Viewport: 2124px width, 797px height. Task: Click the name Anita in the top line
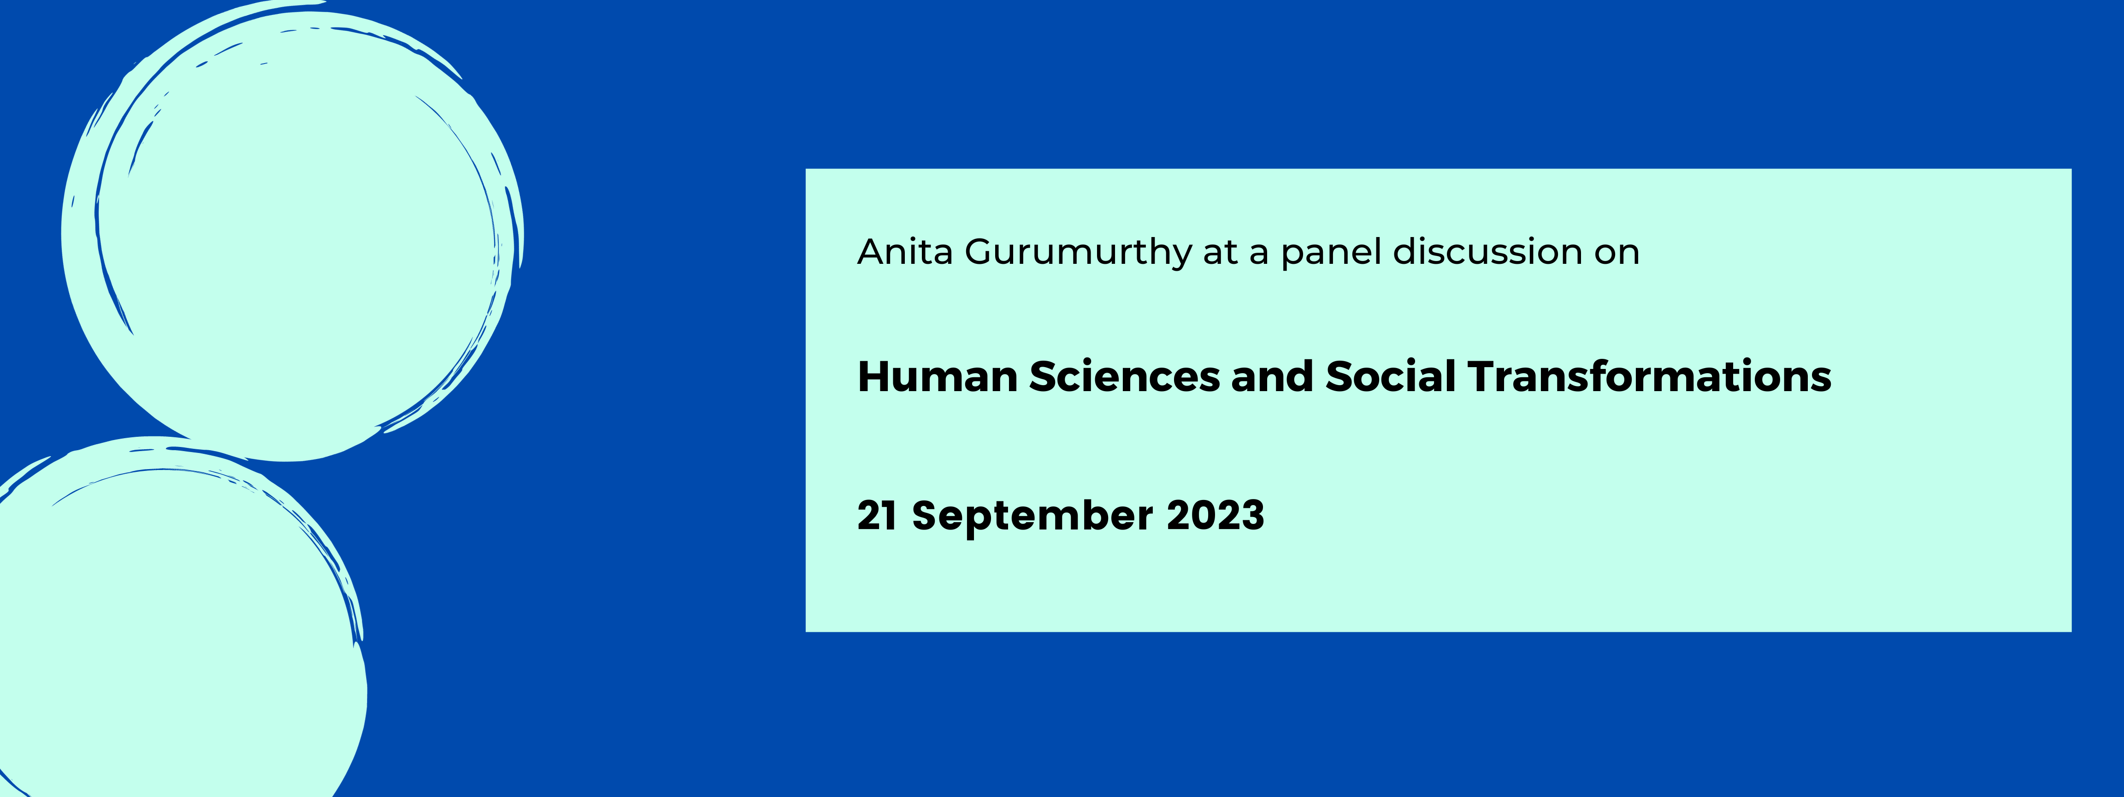(x=905, y=252)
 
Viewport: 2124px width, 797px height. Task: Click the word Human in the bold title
(x=938, y=377)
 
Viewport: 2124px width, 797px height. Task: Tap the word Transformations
(x=1650, y=377)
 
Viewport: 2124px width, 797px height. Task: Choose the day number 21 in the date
(x=877, y=516)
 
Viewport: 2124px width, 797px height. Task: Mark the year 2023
(x=1215, y=516)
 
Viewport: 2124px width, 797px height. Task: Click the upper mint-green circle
(x=293, y=231)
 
